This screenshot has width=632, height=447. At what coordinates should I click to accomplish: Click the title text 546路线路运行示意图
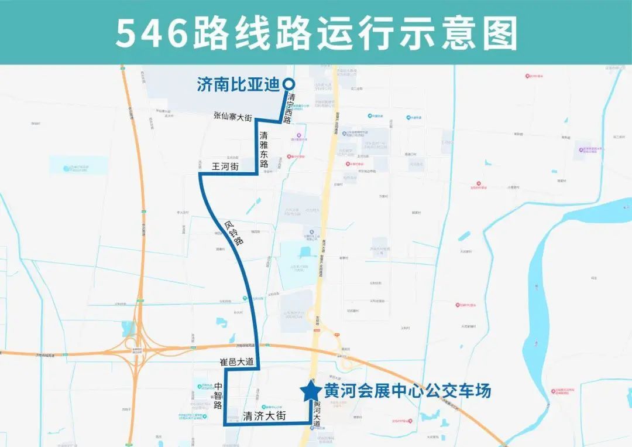click(316, 33)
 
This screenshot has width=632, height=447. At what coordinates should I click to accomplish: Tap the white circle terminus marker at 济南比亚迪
click(288, 84)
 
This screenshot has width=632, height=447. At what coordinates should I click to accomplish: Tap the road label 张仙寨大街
click(232, 118)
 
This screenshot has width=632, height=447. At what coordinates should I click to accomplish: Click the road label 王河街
click(224, 166)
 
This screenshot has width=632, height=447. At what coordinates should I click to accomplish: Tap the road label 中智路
click(219, 395)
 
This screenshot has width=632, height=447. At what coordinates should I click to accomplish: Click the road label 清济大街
click(264, 416)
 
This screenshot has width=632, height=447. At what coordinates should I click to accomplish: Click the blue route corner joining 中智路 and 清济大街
click(225, 424)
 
